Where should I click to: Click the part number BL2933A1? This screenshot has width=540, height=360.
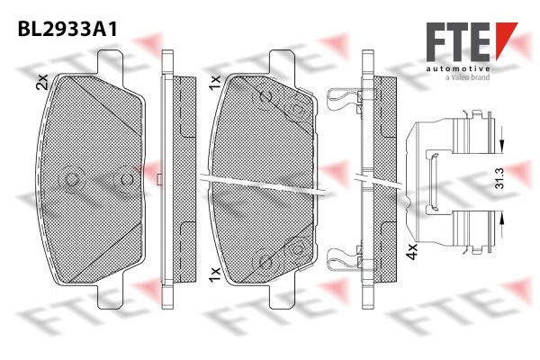[x=67, y=29]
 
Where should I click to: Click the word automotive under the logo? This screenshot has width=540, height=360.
[x=458, y=68]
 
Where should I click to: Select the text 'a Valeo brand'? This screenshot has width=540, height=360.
[x=467, y=77]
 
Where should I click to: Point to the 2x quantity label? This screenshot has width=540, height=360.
[x=42, y=82]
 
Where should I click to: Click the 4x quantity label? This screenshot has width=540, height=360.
[x=411, y=251]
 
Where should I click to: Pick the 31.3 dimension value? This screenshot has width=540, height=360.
[x=499, y=178]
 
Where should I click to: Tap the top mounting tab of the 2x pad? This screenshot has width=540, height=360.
[x=110, y=62]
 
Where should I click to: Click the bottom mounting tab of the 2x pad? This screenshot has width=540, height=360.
[x=110, y=296]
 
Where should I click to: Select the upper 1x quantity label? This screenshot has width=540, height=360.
[x=214, y=83]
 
